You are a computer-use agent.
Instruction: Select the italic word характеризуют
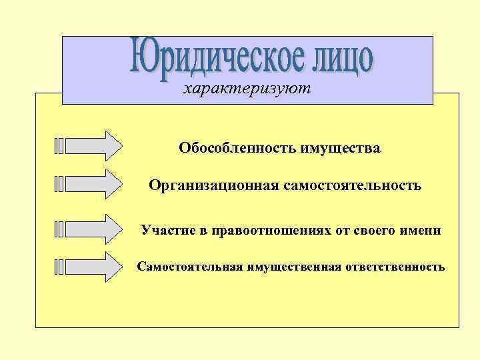(x=247, y=89)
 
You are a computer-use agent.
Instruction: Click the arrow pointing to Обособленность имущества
(x=93, y=146)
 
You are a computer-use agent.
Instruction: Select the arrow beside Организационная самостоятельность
(x=93, y=183)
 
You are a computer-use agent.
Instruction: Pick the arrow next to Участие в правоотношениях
(x=93, y=229)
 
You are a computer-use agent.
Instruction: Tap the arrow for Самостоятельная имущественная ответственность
(x=93, y=267)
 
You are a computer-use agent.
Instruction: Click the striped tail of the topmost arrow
(x=59, y=146)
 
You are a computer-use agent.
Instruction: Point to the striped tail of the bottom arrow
(x=59, y=267)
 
